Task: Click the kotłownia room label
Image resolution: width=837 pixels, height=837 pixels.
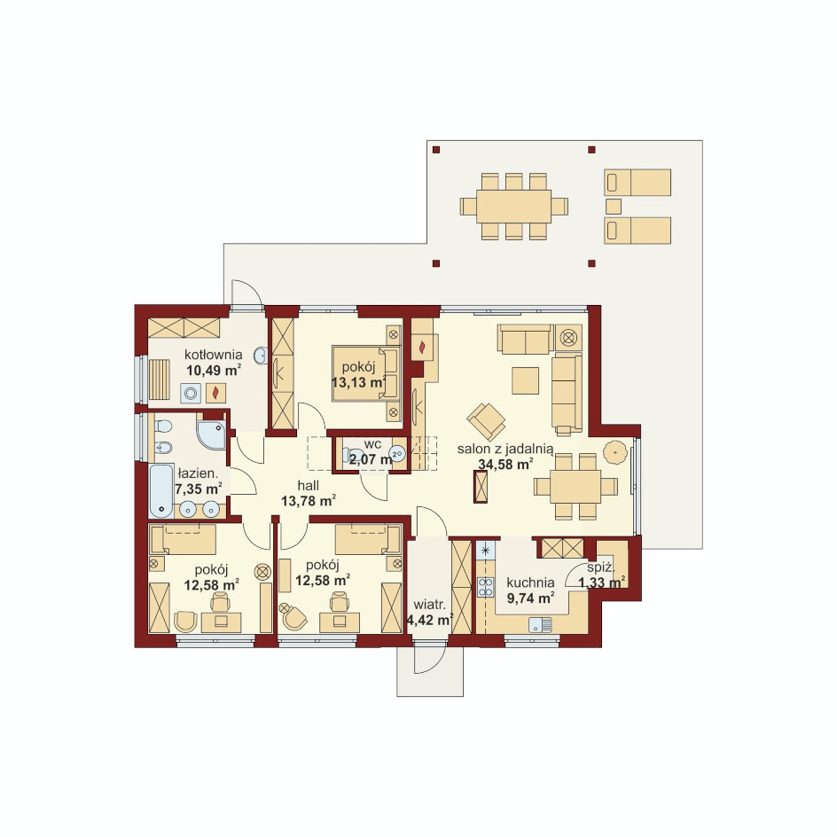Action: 214,355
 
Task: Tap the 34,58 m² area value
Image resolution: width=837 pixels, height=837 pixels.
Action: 505,464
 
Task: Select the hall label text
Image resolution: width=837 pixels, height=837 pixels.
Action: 309,485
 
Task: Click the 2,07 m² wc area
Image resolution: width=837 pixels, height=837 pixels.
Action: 372,459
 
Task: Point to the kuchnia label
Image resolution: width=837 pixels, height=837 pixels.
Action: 530,583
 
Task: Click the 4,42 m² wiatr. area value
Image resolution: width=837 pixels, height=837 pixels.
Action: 430,620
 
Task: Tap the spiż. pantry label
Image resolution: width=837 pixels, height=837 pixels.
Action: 601,568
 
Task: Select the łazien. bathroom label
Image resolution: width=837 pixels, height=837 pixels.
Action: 198,473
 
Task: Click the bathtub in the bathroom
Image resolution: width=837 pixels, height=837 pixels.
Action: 161,491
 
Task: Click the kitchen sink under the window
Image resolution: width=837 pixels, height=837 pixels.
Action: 540,624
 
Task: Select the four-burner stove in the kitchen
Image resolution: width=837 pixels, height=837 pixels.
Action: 485,588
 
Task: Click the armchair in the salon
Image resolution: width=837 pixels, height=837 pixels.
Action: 485,420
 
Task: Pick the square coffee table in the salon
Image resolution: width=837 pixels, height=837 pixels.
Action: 525,380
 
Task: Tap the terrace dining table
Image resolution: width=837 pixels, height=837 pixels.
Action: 514,206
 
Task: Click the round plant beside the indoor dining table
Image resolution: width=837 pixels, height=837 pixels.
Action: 615,453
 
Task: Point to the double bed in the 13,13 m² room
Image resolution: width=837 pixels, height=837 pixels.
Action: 365,373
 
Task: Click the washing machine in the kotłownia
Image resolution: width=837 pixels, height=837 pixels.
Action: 190,394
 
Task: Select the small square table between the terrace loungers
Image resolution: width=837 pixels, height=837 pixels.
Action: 614,206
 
